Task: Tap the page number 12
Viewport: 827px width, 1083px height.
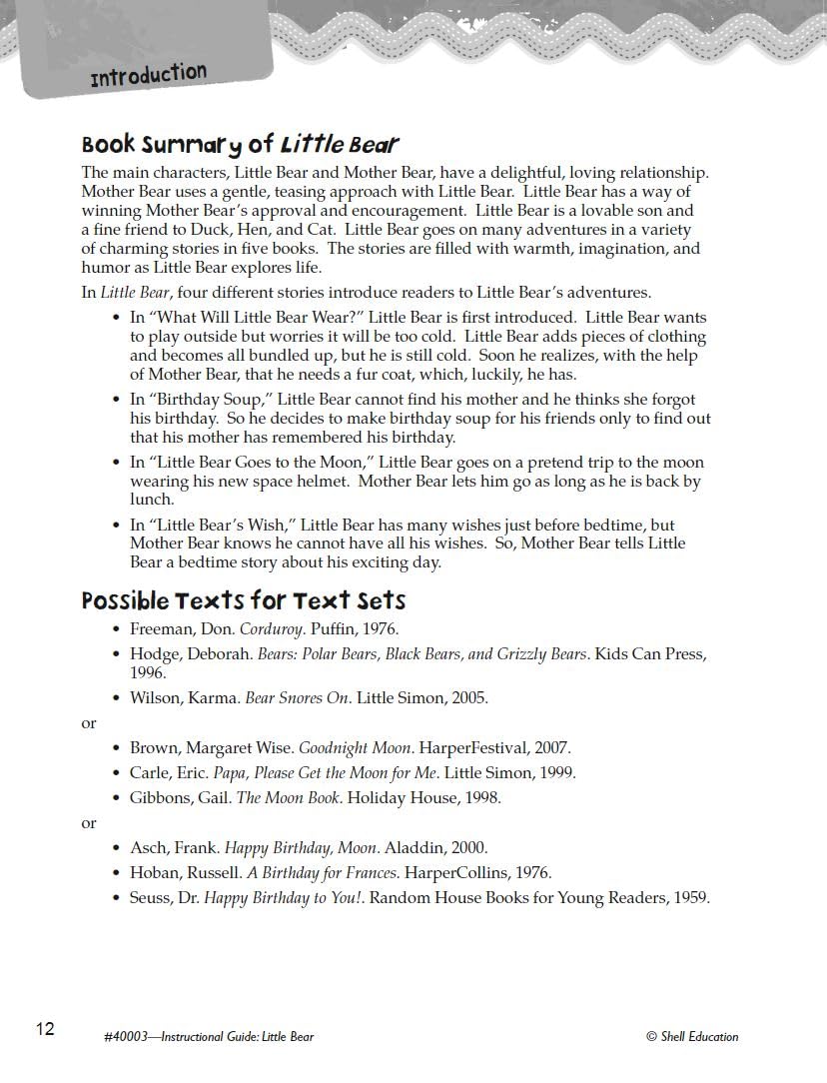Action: click(x=45, y=1029)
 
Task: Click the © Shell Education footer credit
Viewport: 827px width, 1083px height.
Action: click(x=692, y=1036)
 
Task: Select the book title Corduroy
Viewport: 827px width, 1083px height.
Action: click(x=272, y=629)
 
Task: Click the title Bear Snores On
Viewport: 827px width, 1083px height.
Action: click(x=298, y=697)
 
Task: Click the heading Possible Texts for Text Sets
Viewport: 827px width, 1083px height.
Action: click(x=244, y=600)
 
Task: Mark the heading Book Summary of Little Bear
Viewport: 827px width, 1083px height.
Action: click(x=241, y=145)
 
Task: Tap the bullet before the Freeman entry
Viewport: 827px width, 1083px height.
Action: click(x=117, y=630)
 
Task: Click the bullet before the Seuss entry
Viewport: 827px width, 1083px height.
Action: click(x=117, y=898)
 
